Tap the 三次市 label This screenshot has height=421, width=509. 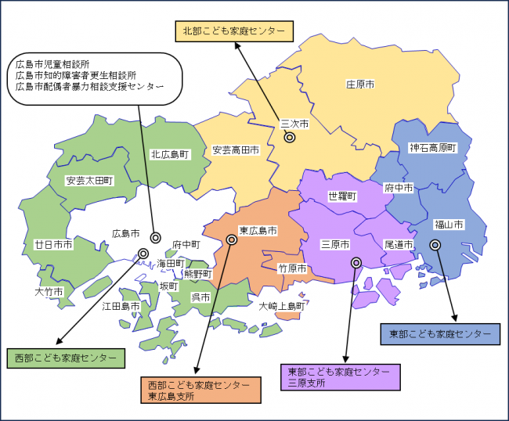point(294,124)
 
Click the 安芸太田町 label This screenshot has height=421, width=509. point(90,180)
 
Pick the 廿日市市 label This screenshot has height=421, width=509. point(53,244)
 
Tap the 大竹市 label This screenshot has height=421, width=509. point(49,291)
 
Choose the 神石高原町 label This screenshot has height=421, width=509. point(433,147)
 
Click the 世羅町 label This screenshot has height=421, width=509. point(342,196)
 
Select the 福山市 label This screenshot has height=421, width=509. point(449,225)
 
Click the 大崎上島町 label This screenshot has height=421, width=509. point(281,305)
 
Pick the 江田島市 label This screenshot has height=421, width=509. point(121,305)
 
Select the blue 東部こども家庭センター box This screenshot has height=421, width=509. point(440,333)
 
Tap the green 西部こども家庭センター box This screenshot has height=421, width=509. point(66,358)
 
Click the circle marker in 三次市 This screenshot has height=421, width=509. point(289,137)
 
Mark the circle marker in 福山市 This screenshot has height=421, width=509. point(435,244)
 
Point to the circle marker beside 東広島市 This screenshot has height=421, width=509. point(231,239)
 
